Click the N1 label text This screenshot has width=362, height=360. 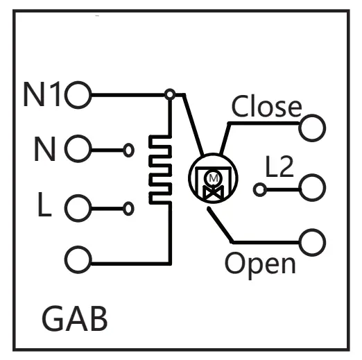(42, 94)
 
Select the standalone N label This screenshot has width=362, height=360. (45, 148)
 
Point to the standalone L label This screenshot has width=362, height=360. (44, 205)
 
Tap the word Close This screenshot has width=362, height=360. (266, 105)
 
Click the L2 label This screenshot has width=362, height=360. (279, 166)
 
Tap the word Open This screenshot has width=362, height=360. (260, 265)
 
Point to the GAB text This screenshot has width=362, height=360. (75, 318)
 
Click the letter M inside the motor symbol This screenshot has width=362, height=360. (213, 178)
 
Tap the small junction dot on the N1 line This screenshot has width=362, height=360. (170, 94)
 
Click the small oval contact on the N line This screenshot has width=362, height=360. (129, 150)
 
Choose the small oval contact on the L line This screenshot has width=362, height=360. (128, 209)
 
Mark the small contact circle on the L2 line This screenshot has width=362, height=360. (260, 190)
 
